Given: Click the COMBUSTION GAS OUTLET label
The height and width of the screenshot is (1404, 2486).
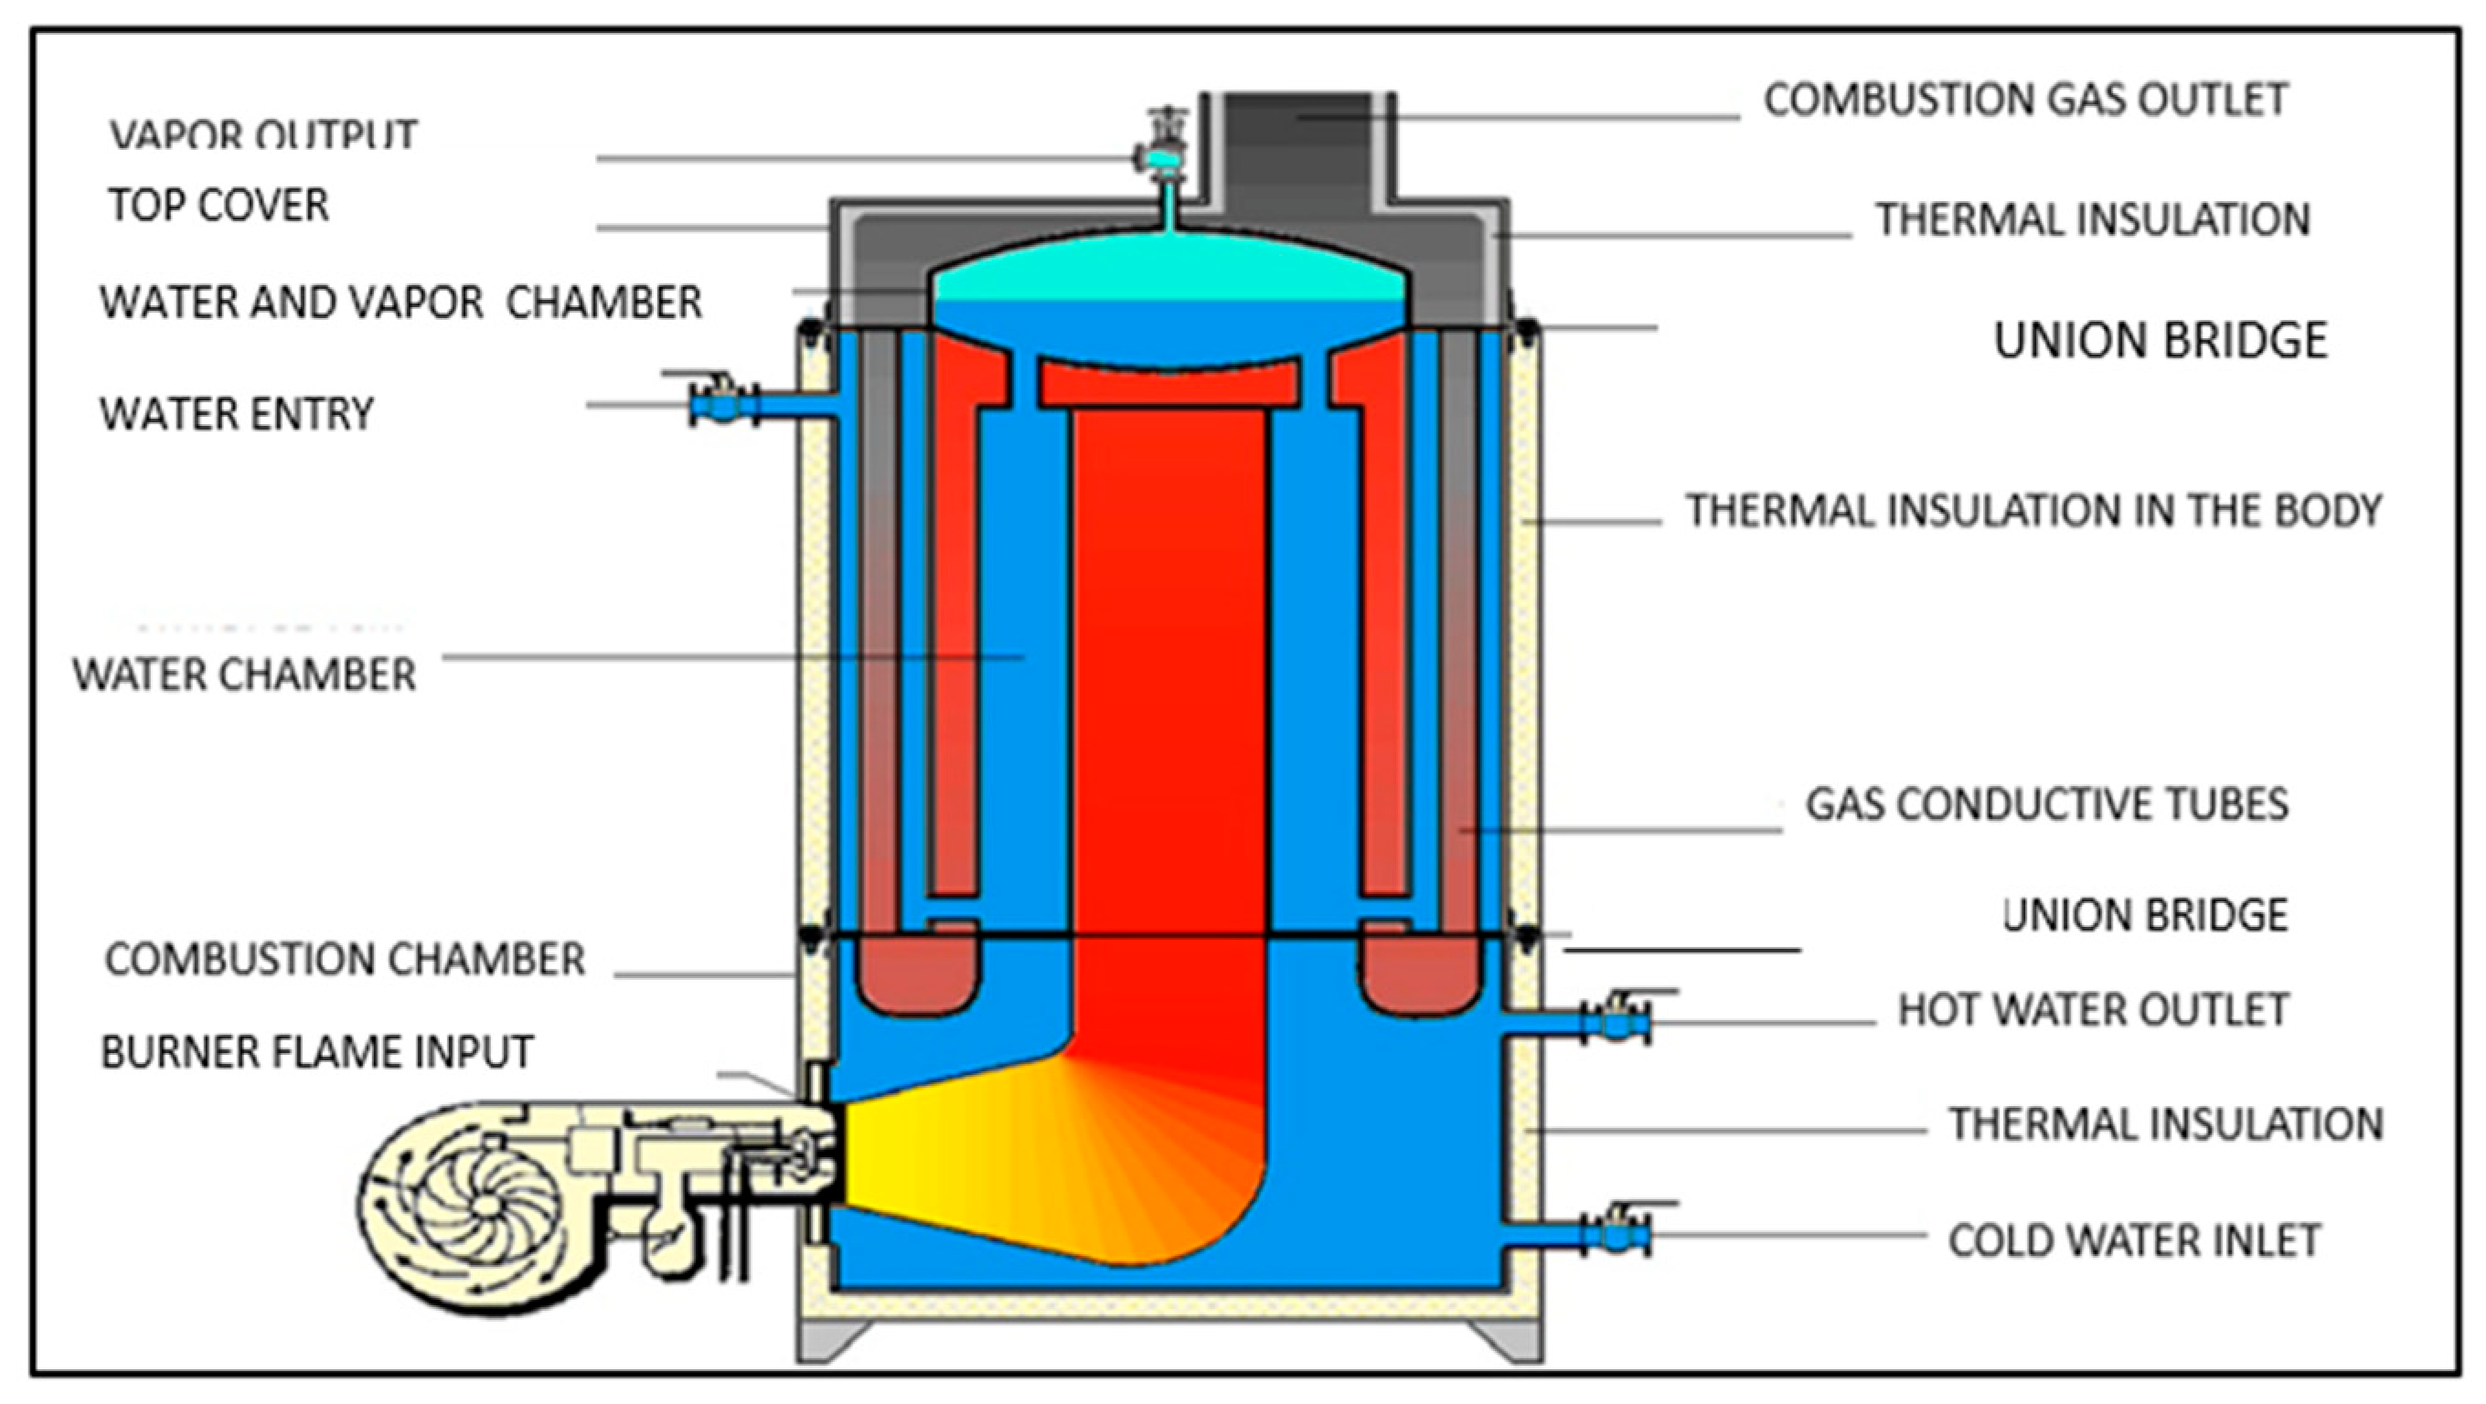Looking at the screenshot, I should (x=2024, y=100).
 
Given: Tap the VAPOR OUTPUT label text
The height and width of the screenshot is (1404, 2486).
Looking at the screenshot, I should (x=262, y=135).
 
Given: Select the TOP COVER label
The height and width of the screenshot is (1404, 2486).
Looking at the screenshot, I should (x=219, y=206).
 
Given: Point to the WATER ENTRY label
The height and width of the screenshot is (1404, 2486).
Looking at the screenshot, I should (x=237, y=414).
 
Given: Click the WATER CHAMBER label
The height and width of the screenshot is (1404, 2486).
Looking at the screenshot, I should (x=244, y=675).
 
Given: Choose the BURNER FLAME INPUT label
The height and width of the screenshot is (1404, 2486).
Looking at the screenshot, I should (x=316, y=1052).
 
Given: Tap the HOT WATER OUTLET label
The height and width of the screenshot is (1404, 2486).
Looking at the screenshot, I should (x=2092, y=1010).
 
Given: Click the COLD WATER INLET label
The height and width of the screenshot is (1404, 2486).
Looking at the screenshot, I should (x=2134, y=1241).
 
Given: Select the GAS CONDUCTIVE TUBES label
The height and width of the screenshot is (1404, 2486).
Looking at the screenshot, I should (x=2046, y=803).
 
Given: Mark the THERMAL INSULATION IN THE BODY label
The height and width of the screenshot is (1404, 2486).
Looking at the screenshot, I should (x=2033, y=510).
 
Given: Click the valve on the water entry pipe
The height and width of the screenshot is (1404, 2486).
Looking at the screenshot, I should (x=719, y=402).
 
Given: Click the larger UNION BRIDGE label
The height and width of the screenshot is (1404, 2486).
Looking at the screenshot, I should (x=2160, y=341).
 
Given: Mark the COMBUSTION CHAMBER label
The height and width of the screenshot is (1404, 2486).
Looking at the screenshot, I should (x=345, y=959).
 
